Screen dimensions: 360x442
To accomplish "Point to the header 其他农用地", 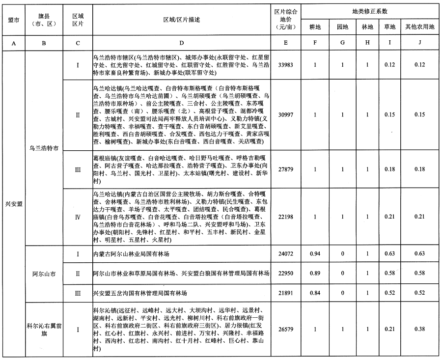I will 418,26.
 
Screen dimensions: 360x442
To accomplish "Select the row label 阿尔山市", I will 44,273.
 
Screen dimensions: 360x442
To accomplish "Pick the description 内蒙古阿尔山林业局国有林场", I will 131,254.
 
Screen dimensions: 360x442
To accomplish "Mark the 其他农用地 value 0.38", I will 418,330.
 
